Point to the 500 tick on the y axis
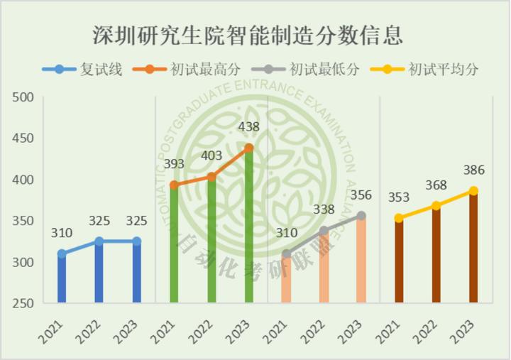click(24, 97)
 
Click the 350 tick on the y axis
click(24, 221)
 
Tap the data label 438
click(248, 127)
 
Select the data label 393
click(173, 164)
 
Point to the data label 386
click(474, 170)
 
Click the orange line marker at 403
click(211, 177)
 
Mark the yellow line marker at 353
click(399, 218)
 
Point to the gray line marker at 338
click(324, 231)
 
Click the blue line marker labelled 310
click(62, 253)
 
